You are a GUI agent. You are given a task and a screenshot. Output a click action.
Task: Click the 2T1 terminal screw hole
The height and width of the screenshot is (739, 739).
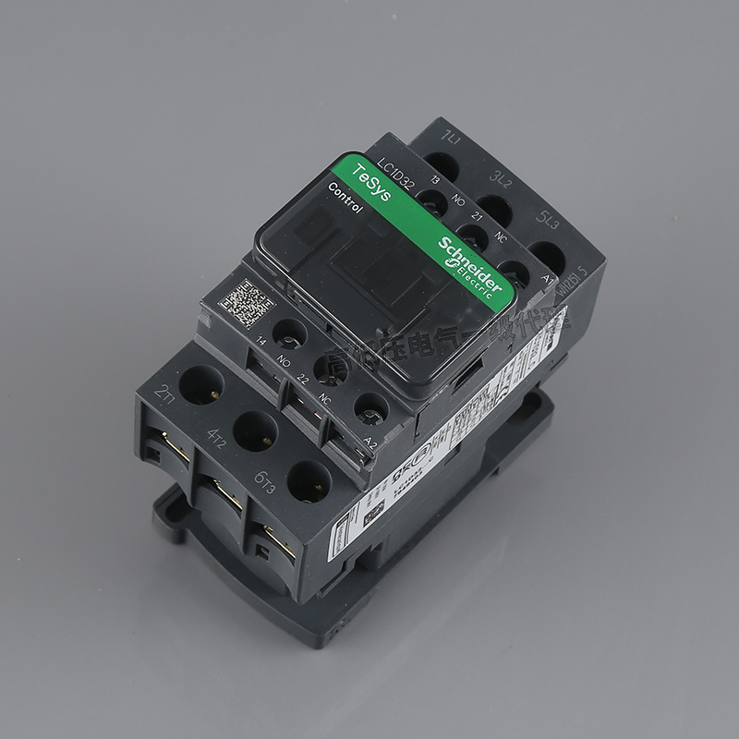pos(201,383)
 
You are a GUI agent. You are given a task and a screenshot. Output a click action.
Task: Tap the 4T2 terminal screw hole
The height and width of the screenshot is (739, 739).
pos(255,430)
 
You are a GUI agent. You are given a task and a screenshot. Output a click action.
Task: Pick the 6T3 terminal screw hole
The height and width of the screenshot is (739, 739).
pos(309,480)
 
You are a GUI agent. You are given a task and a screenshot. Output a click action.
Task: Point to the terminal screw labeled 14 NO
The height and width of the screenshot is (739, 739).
pos(289,332)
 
